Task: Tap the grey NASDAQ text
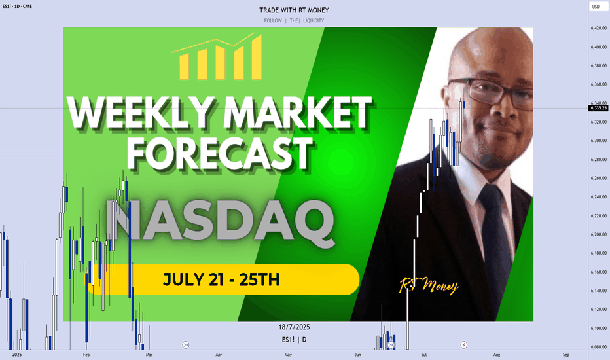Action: (x=220, y=223)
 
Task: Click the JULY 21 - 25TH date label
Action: (x=221, y=279)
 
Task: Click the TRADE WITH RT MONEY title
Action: (x=294, y=10)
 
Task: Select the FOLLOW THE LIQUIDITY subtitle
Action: (x=294, y=21)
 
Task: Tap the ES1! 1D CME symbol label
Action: (x=17, y=7)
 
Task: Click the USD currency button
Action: (x=596, y=7)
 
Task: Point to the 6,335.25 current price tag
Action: (x=598, y=108)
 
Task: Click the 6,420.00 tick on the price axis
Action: (x=598, y=28)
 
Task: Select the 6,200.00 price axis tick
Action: (x=598, y=235)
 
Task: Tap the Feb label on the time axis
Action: (x=86, y=355)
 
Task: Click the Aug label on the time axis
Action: (x=497, y=355)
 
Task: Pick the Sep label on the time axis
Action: (x=566, y=355)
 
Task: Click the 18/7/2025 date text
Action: (x=294, y=327)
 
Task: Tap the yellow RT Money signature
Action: (x=429, y=285)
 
